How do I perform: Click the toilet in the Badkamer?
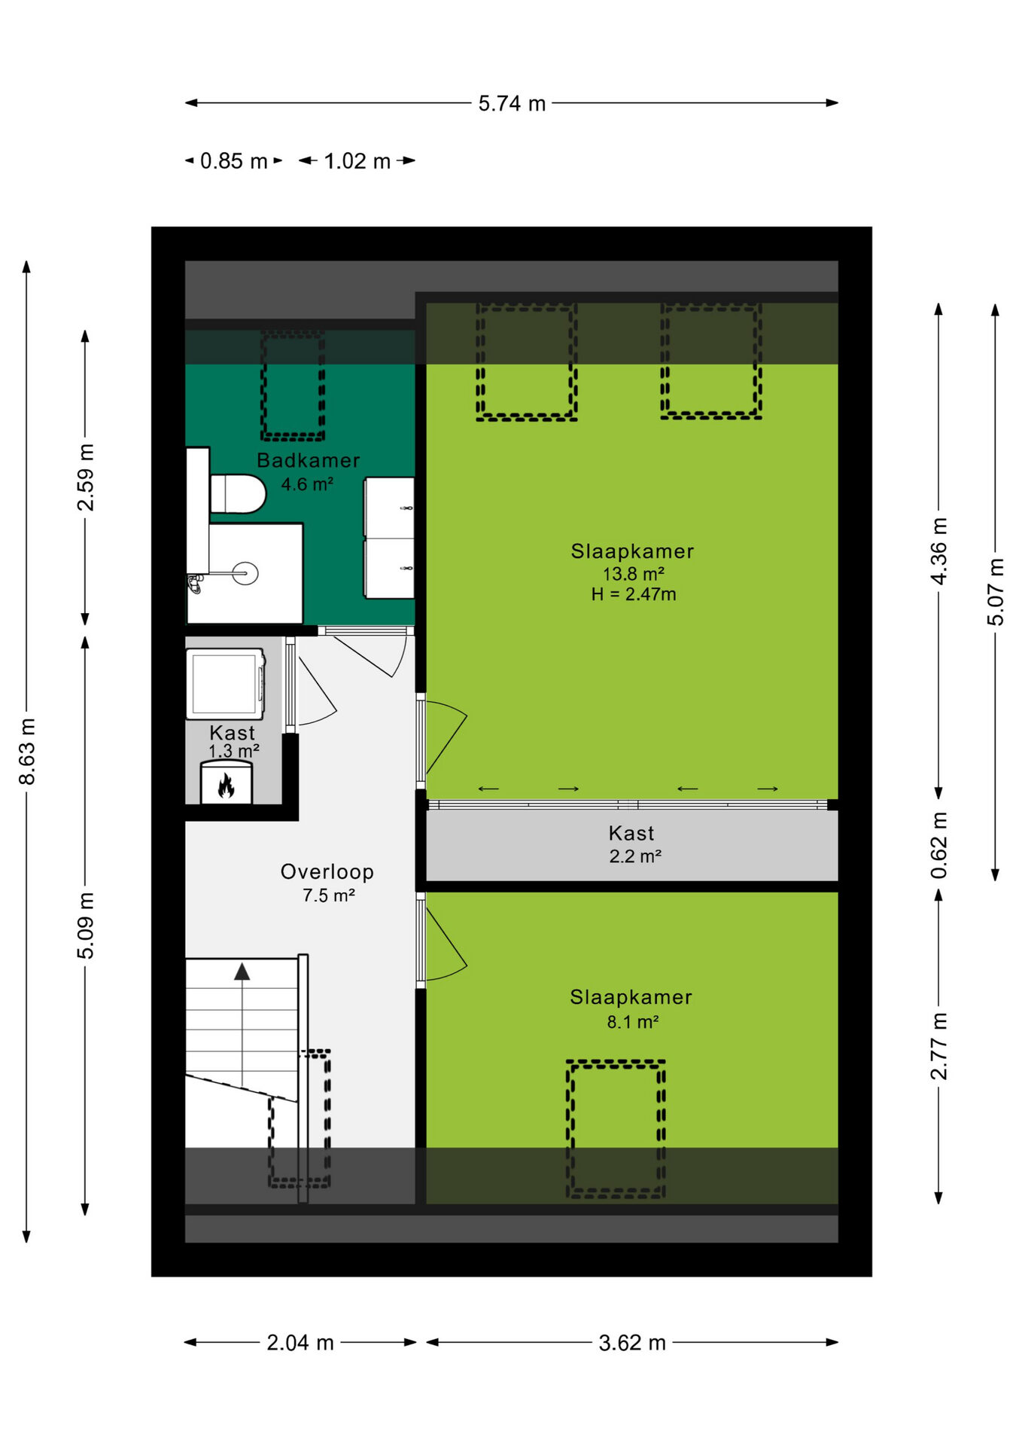click(237, 493)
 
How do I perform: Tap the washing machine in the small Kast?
click(226, 684)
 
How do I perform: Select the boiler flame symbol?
click(226, 786)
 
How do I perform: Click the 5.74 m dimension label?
click(512, 103)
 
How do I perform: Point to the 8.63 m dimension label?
click(27, 752)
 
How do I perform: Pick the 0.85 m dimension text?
click(233, 161)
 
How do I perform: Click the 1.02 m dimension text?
click(357, 161)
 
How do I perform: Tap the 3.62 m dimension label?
click(632, 1343)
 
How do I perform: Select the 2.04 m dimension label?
click(300, 1343)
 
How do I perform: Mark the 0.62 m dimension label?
click(939, 845)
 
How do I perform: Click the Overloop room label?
click(327, 871)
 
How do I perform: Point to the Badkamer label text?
click(309, 460)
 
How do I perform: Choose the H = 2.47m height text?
click(634, 594)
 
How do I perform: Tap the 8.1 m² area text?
click(633, 1022)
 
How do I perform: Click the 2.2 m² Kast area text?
click(635, 856)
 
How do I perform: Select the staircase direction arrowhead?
click(242, 972)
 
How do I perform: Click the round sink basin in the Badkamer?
click(245, 574)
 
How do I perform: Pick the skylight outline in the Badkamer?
click(293, 384)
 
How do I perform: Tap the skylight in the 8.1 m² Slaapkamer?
click(616, 1129)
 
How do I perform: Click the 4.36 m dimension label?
click(939, 551)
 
